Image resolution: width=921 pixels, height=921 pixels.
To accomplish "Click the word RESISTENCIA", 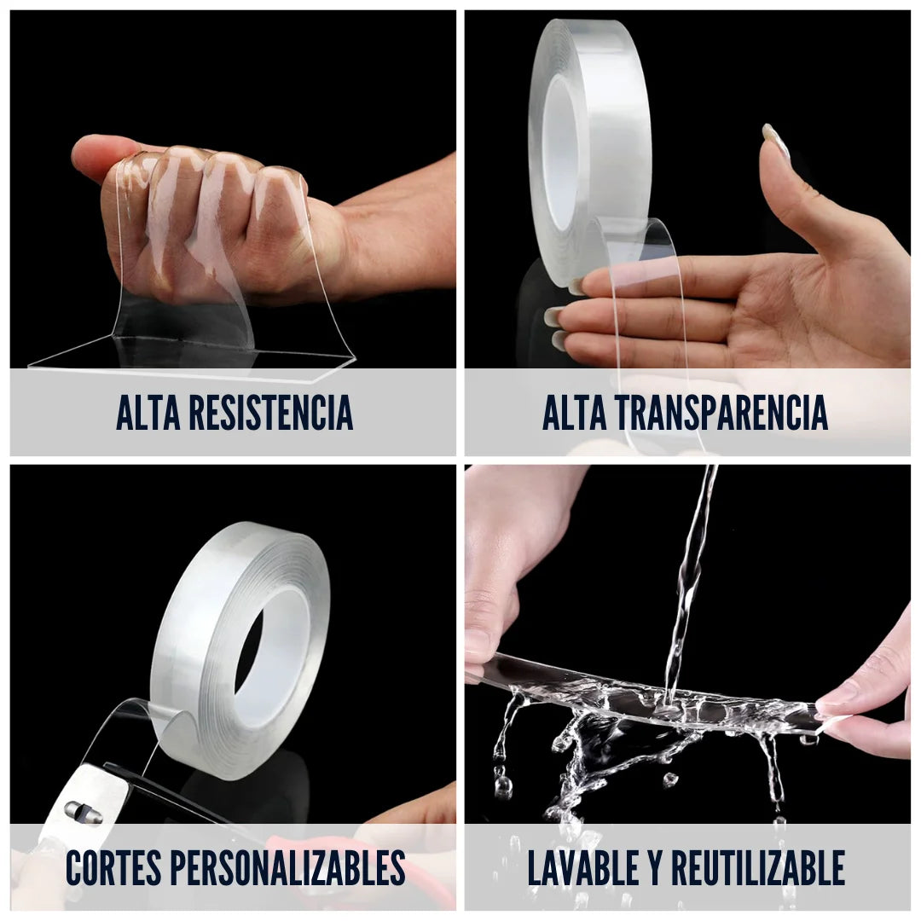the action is pos(271,413).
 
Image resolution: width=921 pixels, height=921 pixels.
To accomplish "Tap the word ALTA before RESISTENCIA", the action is pos(148,413).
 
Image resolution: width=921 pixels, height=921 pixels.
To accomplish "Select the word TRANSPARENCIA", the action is pos(721,413).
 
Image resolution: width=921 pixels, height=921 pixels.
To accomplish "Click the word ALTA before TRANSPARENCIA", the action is pos(575,413).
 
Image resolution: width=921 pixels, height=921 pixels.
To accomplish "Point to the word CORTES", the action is pos(113,867).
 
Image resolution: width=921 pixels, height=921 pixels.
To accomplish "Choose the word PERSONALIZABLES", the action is pos(288,867).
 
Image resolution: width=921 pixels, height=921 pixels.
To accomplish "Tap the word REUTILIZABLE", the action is pos(758,867).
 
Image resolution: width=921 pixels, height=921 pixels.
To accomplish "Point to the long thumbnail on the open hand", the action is pos(775,140).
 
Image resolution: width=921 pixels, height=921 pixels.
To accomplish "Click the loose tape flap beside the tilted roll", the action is pos(130,734).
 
